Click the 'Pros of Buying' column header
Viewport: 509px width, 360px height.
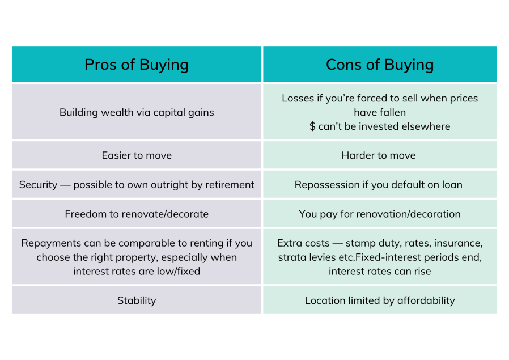tap(137, 65)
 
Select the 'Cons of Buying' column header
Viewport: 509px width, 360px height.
tap(380, 65)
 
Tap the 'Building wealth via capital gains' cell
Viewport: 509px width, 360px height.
tap(137, 112)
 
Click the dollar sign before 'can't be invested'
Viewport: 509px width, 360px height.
tap(312, 126)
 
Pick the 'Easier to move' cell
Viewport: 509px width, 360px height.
tap(137, 155)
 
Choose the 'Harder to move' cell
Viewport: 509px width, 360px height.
tap(380, 155)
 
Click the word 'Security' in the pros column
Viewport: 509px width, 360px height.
tap(39, 185)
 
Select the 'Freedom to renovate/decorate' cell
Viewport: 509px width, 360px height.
tap(137, 214)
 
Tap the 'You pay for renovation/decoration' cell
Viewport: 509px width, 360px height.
tap(380, 214)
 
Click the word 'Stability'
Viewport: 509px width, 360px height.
tap(137, 300)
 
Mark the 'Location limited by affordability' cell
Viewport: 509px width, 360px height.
tap(380, 300)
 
